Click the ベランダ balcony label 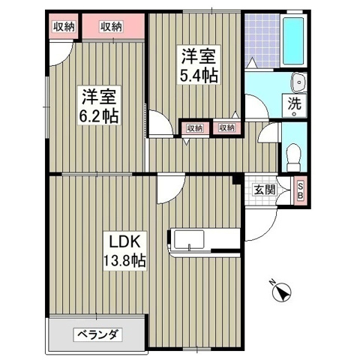pos(97,335)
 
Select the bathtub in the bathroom pos(293,41)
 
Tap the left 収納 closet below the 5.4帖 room pos(194,128)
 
